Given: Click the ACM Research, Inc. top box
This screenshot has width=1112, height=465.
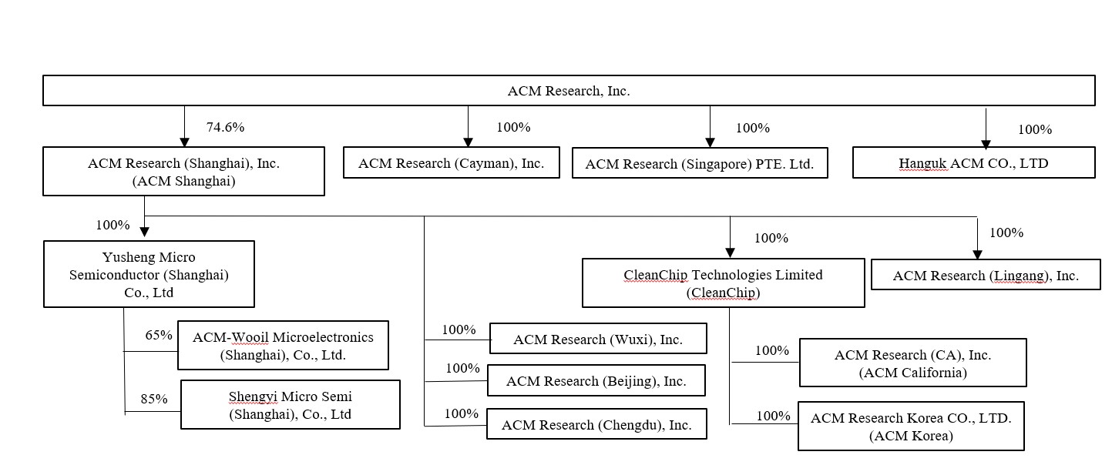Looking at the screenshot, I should click(569, 91).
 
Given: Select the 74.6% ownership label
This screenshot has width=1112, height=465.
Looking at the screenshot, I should click(225, 128).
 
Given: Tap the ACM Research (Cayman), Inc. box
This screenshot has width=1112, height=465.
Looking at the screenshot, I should click(451, 163).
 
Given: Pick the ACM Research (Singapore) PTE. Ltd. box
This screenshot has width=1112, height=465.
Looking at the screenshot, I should click(700, 164).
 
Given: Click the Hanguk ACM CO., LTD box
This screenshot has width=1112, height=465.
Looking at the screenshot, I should click(973, 163).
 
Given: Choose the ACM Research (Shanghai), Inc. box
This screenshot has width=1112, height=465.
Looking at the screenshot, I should click(183, 172).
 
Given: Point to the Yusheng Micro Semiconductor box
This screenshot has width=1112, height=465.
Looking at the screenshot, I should click(149, 275).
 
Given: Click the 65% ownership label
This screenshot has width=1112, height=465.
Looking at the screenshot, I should click(159, 336).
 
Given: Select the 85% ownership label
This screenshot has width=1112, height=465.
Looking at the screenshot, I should click(154, 399).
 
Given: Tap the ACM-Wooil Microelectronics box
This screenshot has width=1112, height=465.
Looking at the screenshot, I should click(283, 346).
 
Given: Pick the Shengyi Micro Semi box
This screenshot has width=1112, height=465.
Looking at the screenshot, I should click(290, 405).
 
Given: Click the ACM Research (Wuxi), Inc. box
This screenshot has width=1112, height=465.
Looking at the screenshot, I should click(597, 340).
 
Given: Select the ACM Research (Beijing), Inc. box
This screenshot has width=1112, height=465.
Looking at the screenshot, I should click(596, 381).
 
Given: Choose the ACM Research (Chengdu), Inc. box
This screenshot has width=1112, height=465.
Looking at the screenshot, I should click(596, 424).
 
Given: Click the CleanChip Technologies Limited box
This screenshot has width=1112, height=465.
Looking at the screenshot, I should click(723, 283).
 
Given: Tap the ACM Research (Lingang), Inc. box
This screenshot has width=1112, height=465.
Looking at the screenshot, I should click(986, 275).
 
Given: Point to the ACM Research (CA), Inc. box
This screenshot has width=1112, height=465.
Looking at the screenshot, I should click(912, 363).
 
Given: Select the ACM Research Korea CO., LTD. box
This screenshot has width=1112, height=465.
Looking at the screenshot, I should click(911, 426).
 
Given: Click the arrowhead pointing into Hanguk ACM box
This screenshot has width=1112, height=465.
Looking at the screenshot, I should click(986, 144).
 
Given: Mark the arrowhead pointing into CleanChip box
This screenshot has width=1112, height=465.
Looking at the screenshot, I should click(730, 253).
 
